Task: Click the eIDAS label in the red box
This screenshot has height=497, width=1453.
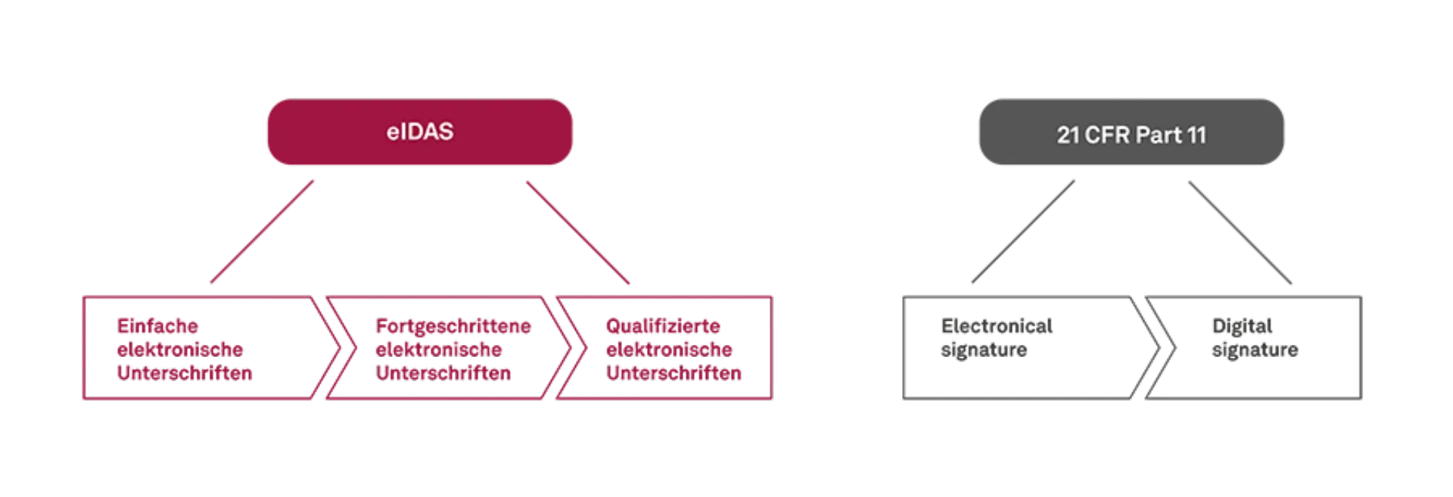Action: (x=419, y=132)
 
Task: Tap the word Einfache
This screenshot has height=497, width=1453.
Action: (x=157, y=327)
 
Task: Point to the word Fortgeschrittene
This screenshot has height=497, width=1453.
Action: (x=453, y=327)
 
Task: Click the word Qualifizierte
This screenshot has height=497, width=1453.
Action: (x=664, y=327)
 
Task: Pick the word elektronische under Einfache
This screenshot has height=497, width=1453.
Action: (x=180, y=349)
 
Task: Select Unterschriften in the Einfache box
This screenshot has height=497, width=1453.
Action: (x=184, y=372)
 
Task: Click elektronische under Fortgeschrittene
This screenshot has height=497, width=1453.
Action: (x=439, y=349)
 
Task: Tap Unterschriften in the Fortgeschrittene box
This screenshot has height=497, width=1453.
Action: (x=444, y=372)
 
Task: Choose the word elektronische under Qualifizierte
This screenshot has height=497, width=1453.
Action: (x=670, y=349)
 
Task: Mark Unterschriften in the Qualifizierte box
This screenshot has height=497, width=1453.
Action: (x=674, y=372)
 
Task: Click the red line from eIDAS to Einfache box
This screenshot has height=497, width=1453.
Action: (x=263, y=231)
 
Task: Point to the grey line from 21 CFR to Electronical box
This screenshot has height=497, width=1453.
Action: (x=1022, y=231)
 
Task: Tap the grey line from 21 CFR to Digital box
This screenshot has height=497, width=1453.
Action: (x=1241, y=231)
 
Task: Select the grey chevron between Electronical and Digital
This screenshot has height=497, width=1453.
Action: (x=1158, y=348)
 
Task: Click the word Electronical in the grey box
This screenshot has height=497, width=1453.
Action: (x=995, y=327)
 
